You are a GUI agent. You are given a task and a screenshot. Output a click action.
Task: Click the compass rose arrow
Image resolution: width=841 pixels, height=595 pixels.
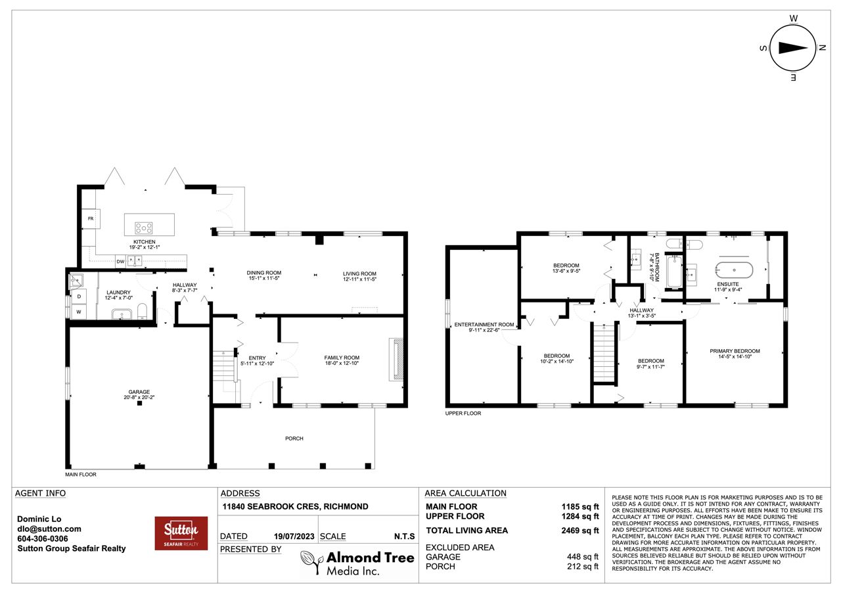793,48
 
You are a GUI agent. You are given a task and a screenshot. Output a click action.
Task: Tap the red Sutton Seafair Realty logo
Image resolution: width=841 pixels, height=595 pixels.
181,533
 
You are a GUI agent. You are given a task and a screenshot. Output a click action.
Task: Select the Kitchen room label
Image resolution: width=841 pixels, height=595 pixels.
145,245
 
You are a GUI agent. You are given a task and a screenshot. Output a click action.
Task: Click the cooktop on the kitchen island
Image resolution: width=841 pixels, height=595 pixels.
144,227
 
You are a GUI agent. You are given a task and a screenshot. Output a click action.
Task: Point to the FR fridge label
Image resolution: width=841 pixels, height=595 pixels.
91,219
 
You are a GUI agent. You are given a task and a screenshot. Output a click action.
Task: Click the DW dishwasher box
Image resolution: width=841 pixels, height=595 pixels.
120,262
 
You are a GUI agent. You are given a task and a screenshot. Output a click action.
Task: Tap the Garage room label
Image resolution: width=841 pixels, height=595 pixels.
139,394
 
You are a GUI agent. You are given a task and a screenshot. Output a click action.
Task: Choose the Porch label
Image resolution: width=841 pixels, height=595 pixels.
294,439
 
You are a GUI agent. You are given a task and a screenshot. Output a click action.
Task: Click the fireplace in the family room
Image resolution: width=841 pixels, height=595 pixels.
396,360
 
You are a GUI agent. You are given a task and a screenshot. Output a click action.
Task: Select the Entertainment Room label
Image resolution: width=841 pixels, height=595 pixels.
484,327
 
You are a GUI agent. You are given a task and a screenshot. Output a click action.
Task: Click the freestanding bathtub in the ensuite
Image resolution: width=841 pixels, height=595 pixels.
734,270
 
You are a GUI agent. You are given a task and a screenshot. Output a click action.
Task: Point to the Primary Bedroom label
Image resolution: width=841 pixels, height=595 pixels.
735,354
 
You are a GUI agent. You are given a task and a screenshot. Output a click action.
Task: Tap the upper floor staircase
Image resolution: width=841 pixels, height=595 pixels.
604,353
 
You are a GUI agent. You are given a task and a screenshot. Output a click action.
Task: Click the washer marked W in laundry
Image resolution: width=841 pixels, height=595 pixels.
79,312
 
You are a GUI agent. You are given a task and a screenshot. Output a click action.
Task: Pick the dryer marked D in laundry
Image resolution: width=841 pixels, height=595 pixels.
79,297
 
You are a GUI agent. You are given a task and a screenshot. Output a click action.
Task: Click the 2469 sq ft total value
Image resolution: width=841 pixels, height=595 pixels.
580,531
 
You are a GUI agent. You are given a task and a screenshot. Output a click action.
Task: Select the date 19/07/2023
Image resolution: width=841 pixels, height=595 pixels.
294,536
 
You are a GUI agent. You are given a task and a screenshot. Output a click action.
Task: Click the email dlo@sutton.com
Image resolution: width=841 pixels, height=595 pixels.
49,529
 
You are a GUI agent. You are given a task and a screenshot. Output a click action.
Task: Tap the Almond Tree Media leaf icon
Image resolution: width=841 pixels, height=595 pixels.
311,561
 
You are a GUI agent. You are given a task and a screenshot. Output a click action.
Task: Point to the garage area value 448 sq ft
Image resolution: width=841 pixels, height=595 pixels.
583,557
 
